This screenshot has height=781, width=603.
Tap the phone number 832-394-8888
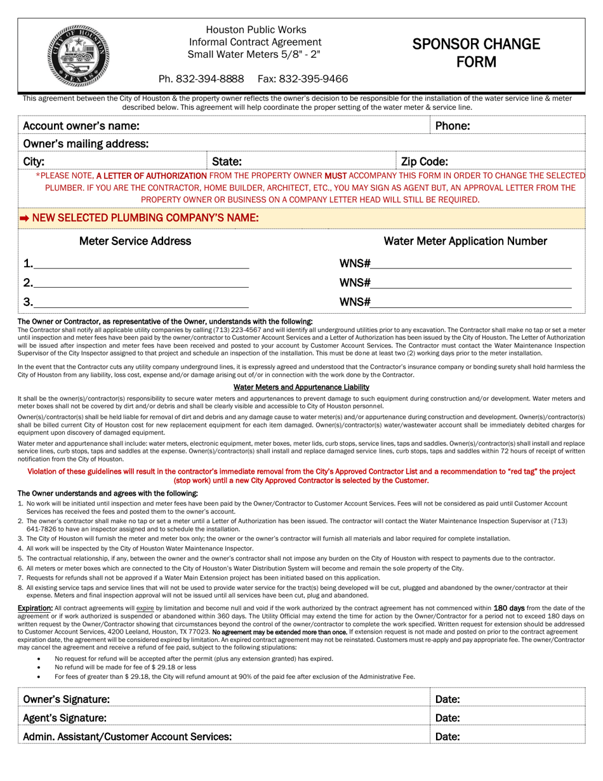[201, 79]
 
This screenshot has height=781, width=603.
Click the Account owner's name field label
[81, 126]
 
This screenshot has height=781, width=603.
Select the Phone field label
[453, 126]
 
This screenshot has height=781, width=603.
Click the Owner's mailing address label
[86, 144]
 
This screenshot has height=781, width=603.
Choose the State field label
[227, 162]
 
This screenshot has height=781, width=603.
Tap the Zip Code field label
[425, 162]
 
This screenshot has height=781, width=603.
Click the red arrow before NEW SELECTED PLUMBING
[24, 218]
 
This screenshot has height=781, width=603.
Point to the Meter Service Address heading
[135, 241]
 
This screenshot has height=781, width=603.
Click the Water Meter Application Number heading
[465, 241]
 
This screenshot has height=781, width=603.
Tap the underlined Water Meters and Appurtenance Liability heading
[301, 387]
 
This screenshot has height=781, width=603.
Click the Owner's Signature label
[66, 699]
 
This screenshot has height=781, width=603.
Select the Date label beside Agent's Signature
[447, 718]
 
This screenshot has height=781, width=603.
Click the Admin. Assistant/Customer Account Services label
[127, 737]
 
